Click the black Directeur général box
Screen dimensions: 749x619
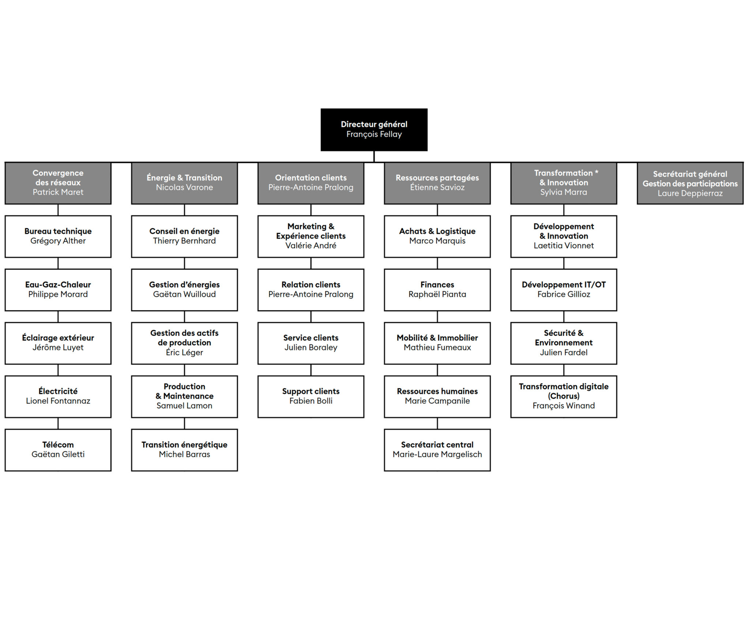click(x=374, y=129)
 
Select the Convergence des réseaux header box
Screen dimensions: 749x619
click(x=58, y=183)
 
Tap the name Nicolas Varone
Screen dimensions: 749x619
click(x=184, y=187)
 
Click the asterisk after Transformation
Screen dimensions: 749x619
click(x=596, y=172)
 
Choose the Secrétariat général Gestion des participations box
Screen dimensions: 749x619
click(x=690, y=183)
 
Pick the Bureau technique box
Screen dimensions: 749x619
click(x=58, y=236)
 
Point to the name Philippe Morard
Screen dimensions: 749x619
click(x=58, y=295)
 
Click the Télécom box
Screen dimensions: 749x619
click(x=58, y=450)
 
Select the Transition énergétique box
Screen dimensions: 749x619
click(x=184, y=450)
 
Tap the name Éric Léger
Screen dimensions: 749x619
click(x=184, y=352)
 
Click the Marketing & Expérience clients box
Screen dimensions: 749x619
click(x=311, y=236)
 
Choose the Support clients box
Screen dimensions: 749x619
click(x=311, y=396)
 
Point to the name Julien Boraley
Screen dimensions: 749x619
click(x=311, y=348)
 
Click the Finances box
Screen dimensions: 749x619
click(x=437, y=290)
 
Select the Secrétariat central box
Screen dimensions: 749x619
click(x=437, y=450)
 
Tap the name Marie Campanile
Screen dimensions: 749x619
click(x=437, y=401)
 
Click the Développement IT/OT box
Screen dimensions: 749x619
click(x=564, y=290)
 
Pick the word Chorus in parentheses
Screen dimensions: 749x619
click(x=564, y=396)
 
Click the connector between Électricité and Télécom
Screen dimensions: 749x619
click(x=58, y=423)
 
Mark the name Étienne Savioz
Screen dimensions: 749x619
click(x=437, y=187)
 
